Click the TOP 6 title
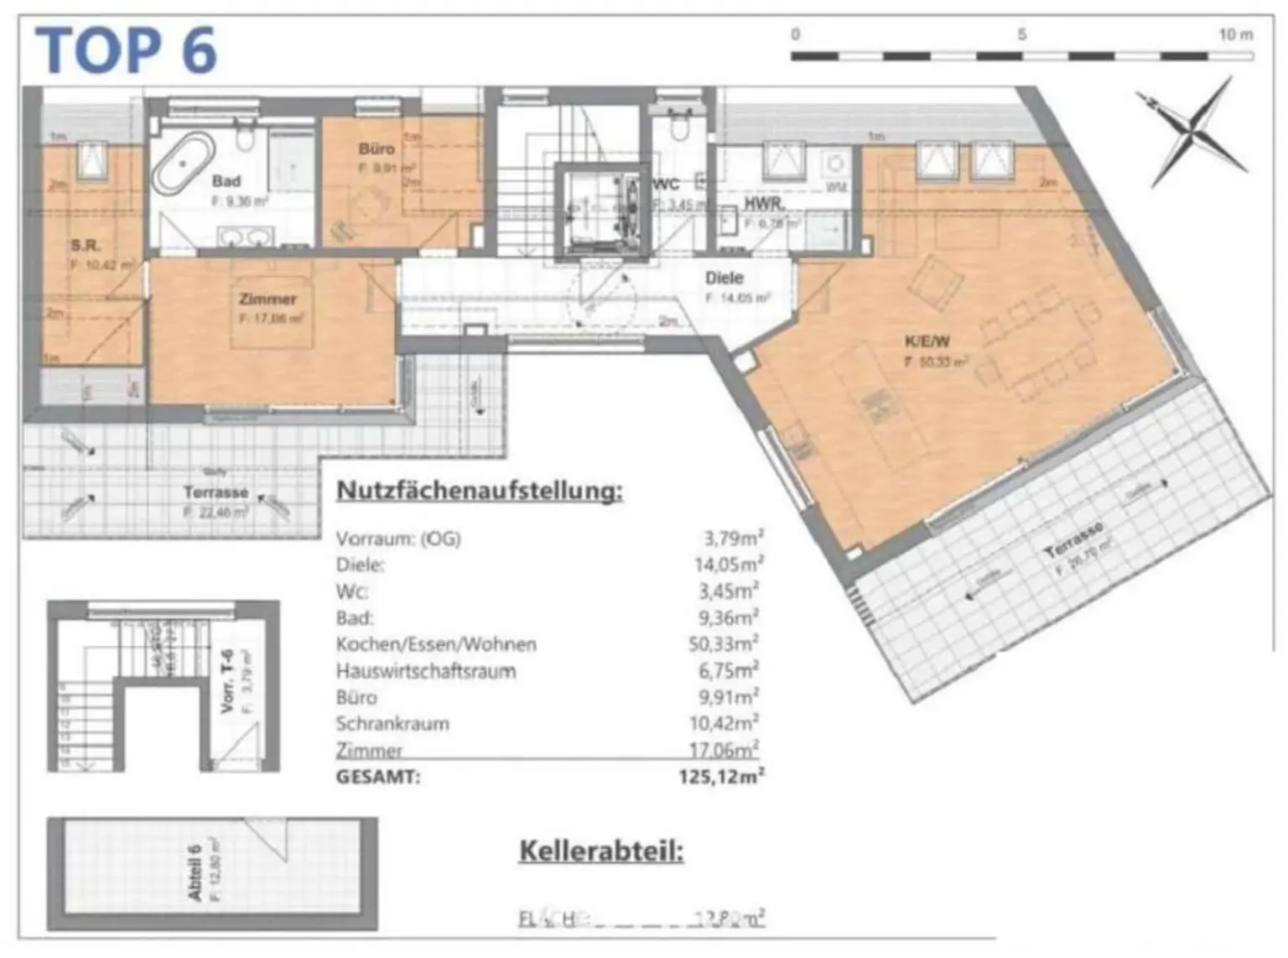pyautogui.click(x=126, y=50)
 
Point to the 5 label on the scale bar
pyautogui.click(x=1021, y=34)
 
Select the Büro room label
pyautogui.click(x=376, y=149)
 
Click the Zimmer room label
pyautogui.click(x=267, y=299)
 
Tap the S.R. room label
pyautogui.click(x=85, y=246)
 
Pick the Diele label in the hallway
pyautogui.click(x=724, y=278)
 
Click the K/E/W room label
pyautogui.click(x=927, y=341)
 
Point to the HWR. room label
pyautogui.click(x=764, y=204)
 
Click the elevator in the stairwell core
pyautogui.click(x=602, y=210)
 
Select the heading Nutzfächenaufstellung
pyautogui.click(x=480, y=491)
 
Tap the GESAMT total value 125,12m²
pyautogui.click(x=721, y=777)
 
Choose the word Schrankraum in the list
pyautogui.click(x=392, y=723)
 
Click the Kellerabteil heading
pyautogui.click(x=601, y=851)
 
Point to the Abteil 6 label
pyautogui.click(x=195, y=872)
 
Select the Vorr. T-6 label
pyautogui.click(x=227, y=681)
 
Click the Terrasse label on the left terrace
pyautogui.click(x=216, y=492)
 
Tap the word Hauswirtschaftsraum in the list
pyautogui.click(x=426, y=671)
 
